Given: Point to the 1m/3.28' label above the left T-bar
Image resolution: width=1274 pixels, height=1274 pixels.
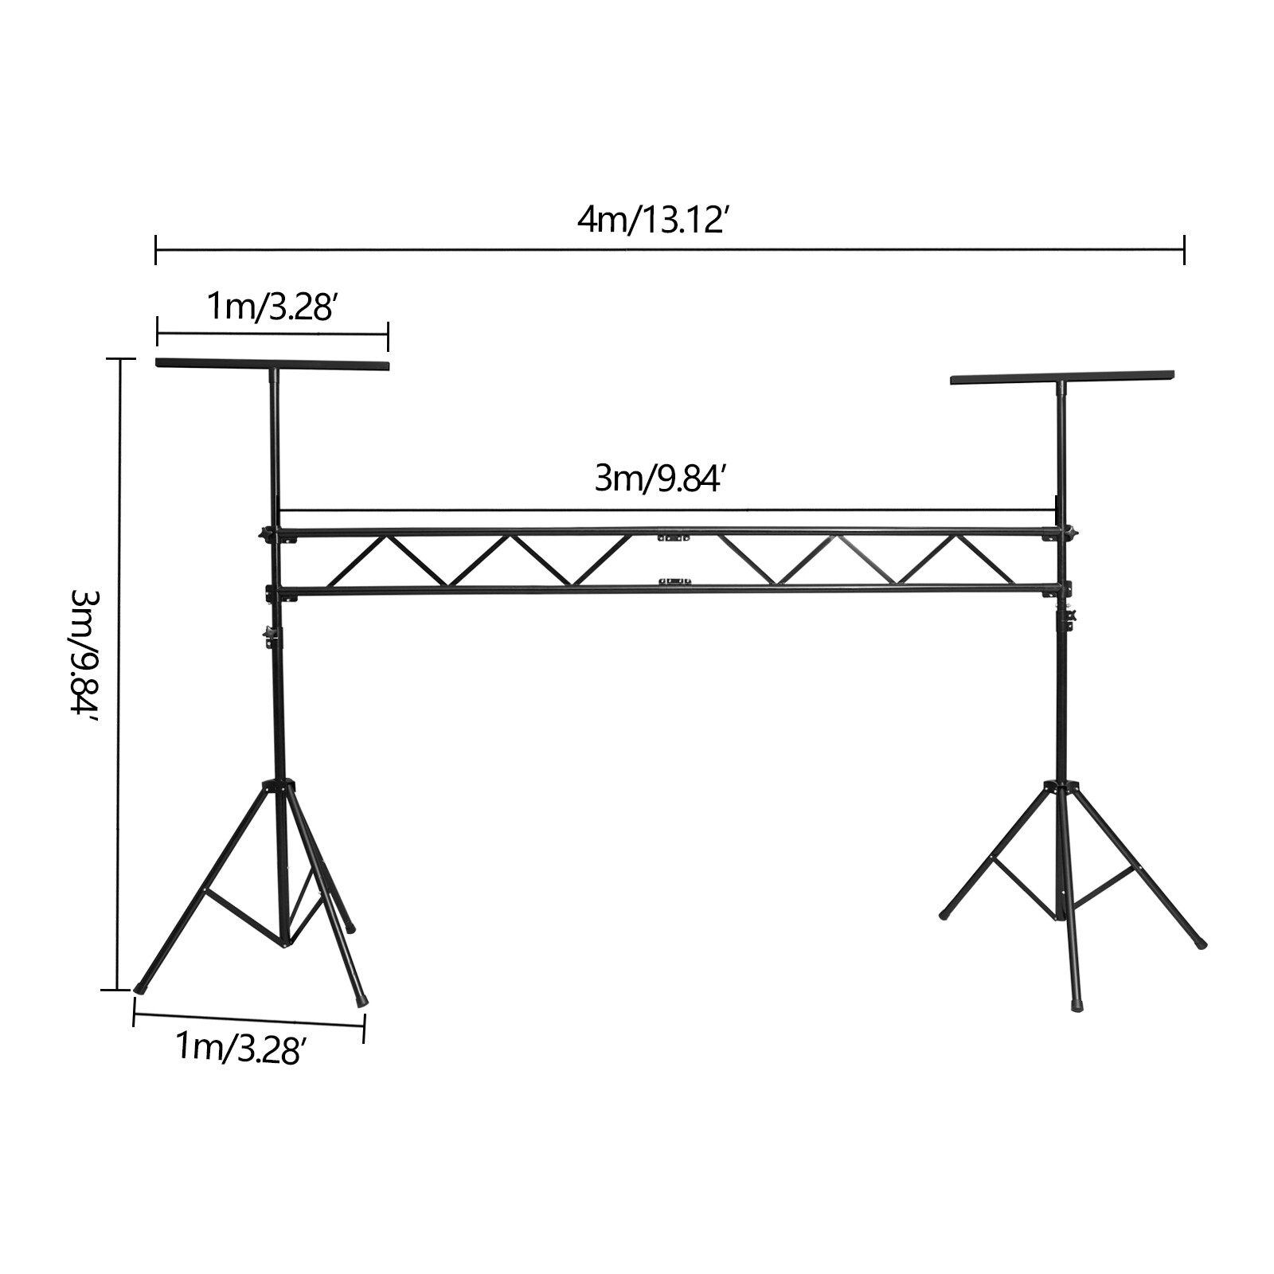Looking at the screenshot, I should (x=269, y=307).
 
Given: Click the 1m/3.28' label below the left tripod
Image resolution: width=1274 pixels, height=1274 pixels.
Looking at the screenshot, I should (x=238, y=1048).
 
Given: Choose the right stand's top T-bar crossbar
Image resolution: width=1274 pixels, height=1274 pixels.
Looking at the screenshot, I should (x=1062, y=377).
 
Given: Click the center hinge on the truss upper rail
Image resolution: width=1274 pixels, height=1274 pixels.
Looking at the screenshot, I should (x=673, y=537).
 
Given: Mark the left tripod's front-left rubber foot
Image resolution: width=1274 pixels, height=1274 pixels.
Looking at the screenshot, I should (x=142, y=987).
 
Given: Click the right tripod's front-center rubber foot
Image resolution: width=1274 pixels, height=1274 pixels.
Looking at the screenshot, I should (x=1077, y=1005).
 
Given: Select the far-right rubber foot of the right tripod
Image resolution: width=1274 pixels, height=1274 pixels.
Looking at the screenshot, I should (x=1202, y=944).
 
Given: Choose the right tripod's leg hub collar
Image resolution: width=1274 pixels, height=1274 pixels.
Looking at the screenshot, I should (x=1061, y=787).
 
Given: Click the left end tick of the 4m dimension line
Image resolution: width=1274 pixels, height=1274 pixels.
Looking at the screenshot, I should (x=156, y=249).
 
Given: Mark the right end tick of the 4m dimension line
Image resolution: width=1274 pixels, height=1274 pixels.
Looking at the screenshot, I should (x=1185, y=249).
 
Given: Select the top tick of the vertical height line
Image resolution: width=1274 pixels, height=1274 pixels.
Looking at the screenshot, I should (x=119, y=359).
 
